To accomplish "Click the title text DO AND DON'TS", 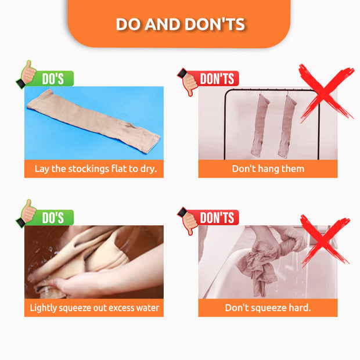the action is pos(181,24).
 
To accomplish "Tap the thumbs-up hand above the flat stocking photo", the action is pos(26,74).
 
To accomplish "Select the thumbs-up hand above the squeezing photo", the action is pos(26,214).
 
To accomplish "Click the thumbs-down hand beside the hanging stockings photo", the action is pos(188,82).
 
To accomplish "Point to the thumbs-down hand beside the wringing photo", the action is pos(188,221).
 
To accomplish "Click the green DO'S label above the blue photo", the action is pos(53,78).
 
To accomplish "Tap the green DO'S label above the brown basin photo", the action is pos(53,217).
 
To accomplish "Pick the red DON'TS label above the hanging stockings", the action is pos(217,78).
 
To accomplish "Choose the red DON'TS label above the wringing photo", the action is pos(217,217).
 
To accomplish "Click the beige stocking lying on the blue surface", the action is pos(93,121).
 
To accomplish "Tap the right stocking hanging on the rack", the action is pos(286,127).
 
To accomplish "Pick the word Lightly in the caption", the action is pos(43,308).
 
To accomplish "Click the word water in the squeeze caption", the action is pos(147,308).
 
